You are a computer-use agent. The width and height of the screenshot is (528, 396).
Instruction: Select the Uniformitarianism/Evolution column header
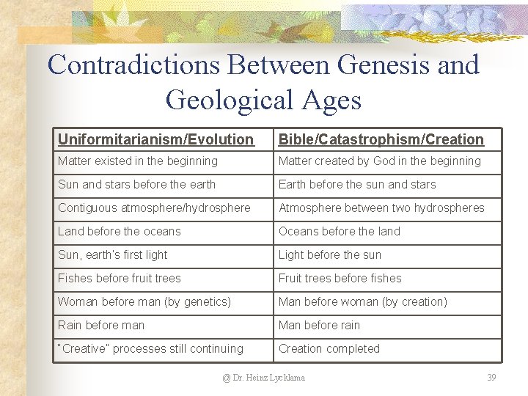[x=155, y=139]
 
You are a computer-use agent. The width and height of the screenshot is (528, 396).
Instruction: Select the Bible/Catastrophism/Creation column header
[x=381, y=139]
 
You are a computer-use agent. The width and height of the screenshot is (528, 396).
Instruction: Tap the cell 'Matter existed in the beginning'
[x=138, y=161]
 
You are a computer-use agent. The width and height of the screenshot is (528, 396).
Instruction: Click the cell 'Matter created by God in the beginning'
[x=379, y=161]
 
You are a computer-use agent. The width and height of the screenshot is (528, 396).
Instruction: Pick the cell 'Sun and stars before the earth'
[x=136, y=184]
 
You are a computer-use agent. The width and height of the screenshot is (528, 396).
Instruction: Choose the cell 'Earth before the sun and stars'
[x=357, y=184]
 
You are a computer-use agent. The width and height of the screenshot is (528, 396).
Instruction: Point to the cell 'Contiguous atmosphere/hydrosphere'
[x=154, y=208]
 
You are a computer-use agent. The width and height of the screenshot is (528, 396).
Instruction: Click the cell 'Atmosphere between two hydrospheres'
[x=381, y=208]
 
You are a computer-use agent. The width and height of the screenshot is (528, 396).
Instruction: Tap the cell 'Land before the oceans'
[x=119, y=231]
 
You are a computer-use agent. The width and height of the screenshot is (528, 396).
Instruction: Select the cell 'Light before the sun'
[x=329, y=254]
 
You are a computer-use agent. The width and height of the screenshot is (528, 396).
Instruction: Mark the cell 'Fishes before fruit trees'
[x=119, y=278]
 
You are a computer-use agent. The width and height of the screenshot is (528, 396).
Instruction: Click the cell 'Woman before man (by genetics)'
[x=144, y=301]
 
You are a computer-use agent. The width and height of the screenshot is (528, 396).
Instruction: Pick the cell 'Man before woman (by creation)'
[x=363, y=301]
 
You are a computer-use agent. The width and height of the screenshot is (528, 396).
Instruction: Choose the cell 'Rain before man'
[x=101, y=325]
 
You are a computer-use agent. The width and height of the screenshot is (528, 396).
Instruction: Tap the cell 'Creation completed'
[x=329, y=348]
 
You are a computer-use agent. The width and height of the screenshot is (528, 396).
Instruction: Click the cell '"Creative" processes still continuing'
[x=150, y=348]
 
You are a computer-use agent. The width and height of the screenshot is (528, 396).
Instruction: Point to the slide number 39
[x=491, y=378]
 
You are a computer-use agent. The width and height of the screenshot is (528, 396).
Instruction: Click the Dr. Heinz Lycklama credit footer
[x=264, y=378]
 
